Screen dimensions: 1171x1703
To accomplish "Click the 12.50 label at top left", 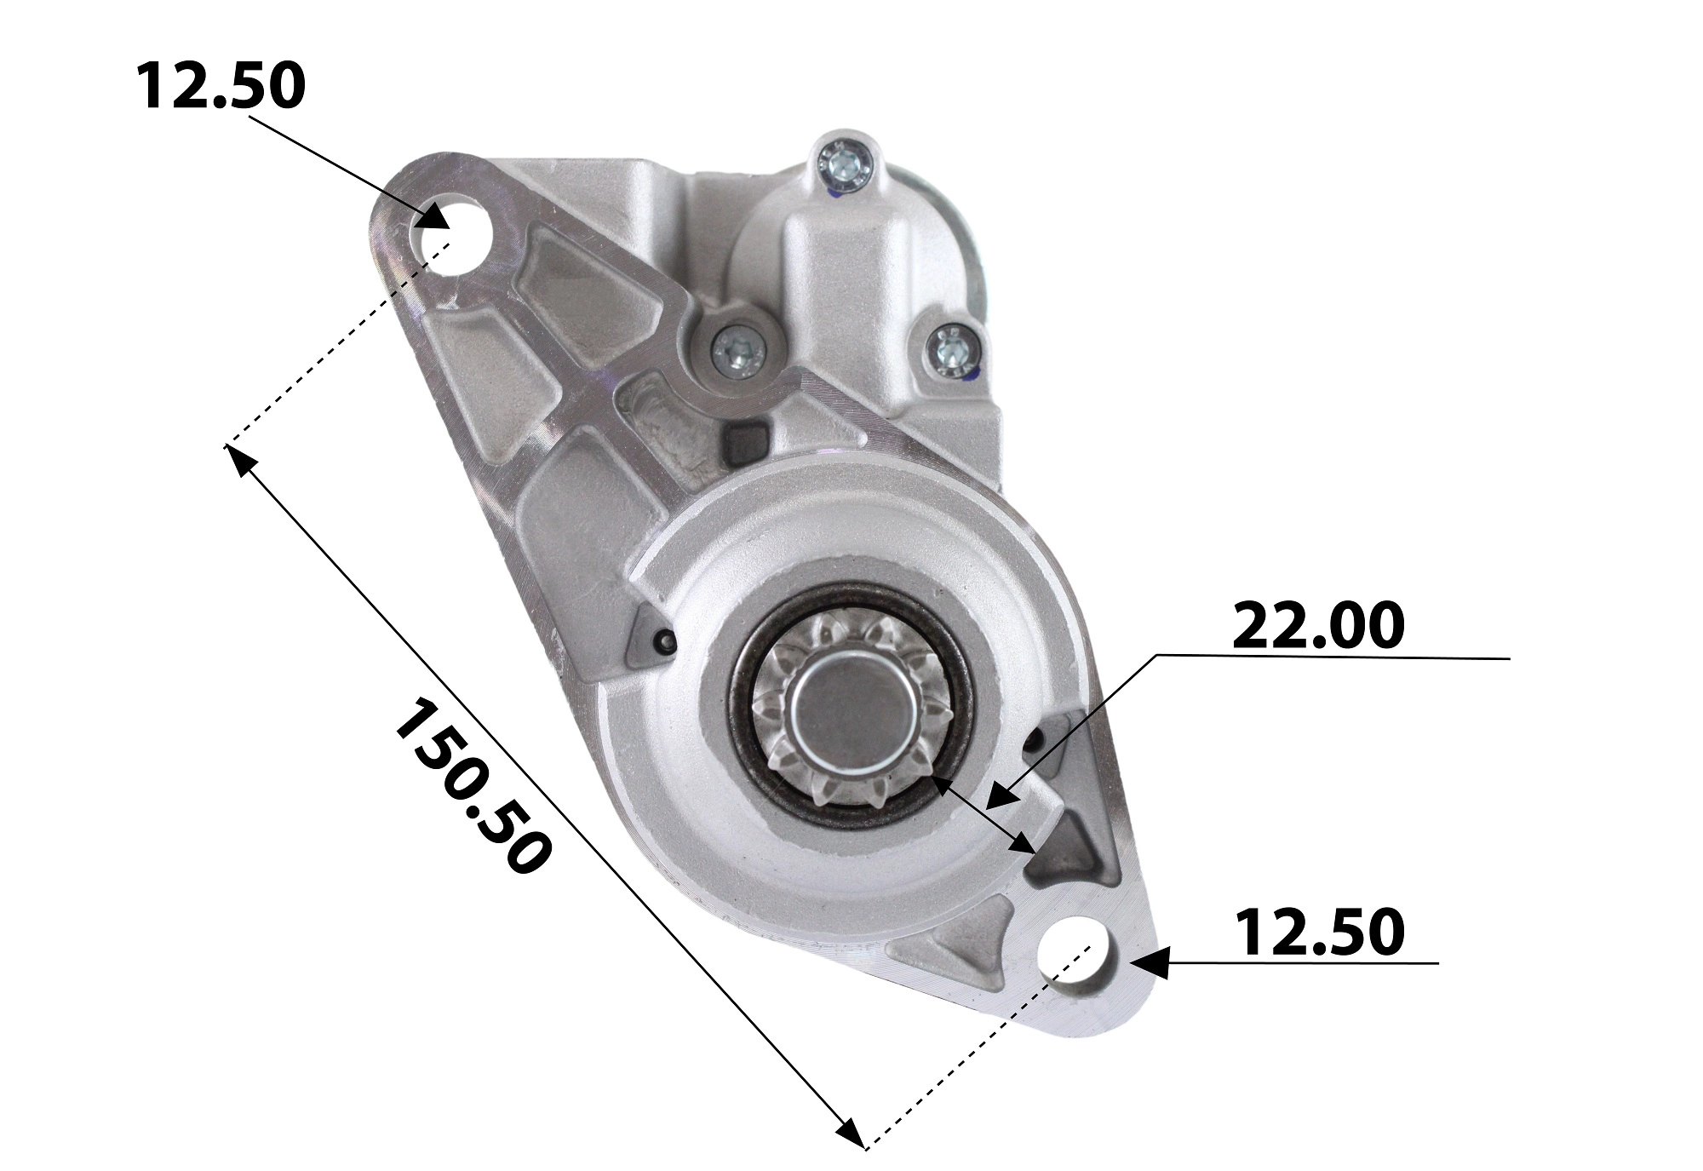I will coord(220,87).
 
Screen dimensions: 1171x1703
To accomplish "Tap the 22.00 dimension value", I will coord(1317,626).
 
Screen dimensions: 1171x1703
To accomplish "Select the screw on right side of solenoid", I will coord(950,348).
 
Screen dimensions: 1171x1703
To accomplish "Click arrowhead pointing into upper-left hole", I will coord(436,217).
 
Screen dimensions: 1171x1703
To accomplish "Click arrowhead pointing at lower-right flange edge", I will coord(1145,963).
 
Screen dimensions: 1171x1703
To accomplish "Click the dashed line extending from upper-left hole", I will coord(341,341).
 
